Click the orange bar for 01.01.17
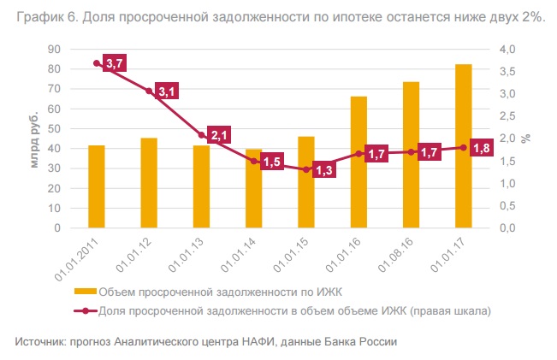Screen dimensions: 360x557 click(x=463, y=146)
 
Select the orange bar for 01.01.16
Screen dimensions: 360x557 click(x=358, y=162)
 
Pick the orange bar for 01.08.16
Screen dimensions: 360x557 click(x=411, y=155)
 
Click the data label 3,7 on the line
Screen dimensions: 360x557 click(x=115, y=63)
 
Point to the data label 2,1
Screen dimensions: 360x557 click(x=220, y=134)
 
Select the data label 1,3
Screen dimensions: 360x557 click(x=323, y=170)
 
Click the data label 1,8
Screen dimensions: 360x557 click(x=481, y=148)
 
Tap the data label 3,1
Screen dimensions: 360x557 click(x=167, y=91)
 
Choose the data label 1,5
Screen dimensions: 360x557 click(x=272, y=161)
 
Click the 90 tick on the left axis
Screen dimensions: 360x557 click(x=64, y=50)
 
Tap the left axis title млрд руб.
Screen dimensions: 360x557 click(x=34, y=139)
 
